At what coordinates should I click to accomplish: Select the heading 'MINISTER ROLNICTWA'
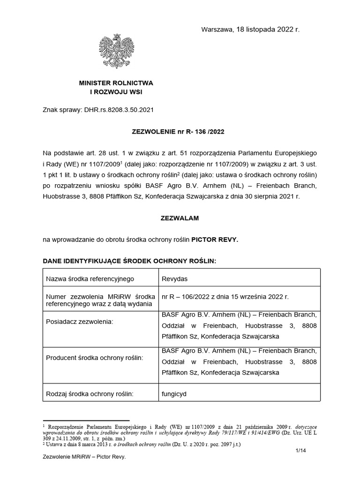(x=116, y=83)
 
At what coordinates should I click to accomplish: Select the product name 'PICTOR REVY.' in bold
(x=215, y=240)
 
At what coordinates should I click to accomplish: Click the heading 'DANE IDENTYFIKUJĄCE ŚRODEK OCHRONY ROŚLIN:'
(x=129, y=261)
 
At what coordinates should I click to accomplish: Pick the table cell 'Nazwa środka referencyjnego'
(x=90, y=279)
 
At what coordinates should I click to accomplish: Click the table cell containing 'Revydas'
(x=174, y=279)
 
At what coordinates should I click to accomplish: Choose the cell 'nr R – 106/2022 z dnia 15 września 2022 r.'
(x=225, y=297)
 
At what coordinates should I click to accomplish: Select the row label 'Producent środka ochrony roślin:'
(x=94, y=358)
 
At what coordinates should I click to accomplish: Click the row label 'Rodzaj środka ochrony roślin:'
(x=90, y=394)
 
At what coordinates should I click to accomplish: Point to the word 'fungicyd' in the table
(x=174, y=394)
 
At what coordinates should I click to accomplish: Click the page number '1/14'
(x=300, y=450)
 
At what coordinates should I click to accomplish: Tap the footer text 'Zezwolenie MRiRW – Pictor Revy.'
(x=84, y=469)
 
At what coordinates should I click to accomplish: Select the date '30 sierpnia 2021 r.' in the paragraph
(x=270, y=196)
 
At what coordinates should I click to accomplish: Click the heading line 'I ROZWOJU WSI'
(x=116, y=92)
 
